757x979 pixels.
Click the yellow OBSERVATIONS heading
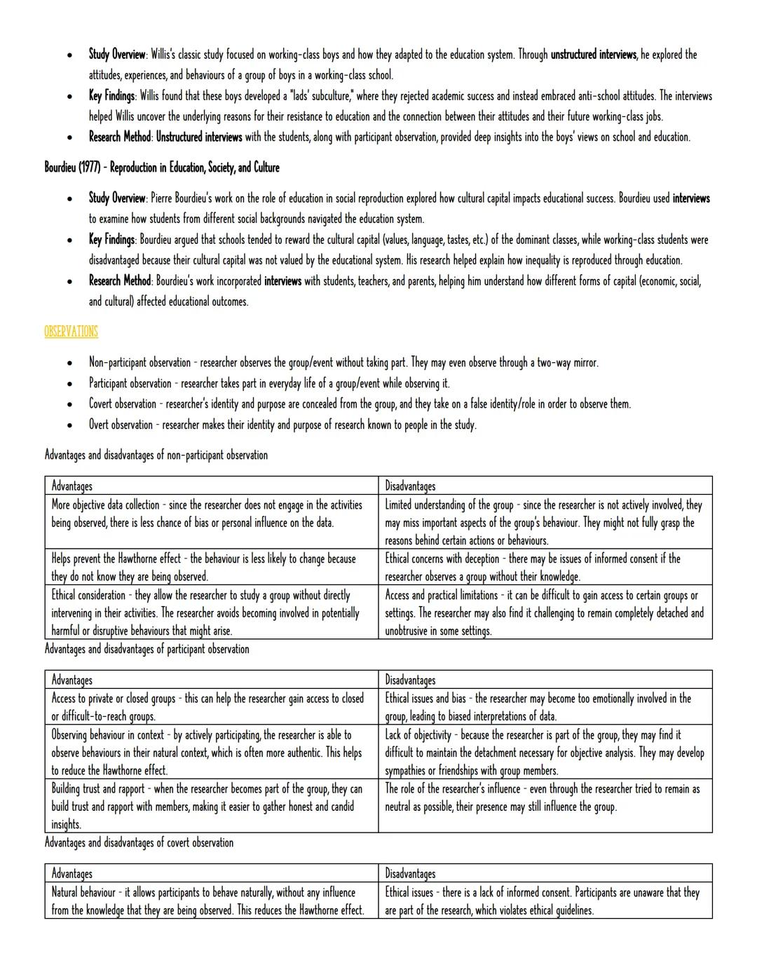click(71, 331)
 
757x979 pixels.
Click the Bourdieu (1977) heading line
click(161, 167)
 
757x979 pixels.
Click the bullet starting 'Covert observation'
click(359, 404)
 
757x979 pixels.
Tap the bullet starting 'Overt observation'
click(282, 425)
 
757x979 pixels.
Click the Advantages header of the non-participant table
click(71, 486)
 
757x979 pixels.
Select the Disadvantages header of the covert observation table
click(410, 873)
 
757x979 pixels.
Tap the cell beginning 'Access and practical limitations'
click(545, 612)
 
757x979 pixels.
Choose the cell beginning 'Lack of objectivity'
click(545, 752)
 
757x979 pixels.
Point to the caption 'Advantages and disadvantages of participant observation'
click(146, 649)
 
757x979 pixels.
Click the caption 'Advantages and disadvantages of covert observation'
click(139, 842)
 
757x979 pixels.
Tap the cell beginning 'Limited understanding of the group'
click(545, 522)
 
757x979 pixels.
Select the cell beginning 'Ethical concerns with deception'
click(545, 567)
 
